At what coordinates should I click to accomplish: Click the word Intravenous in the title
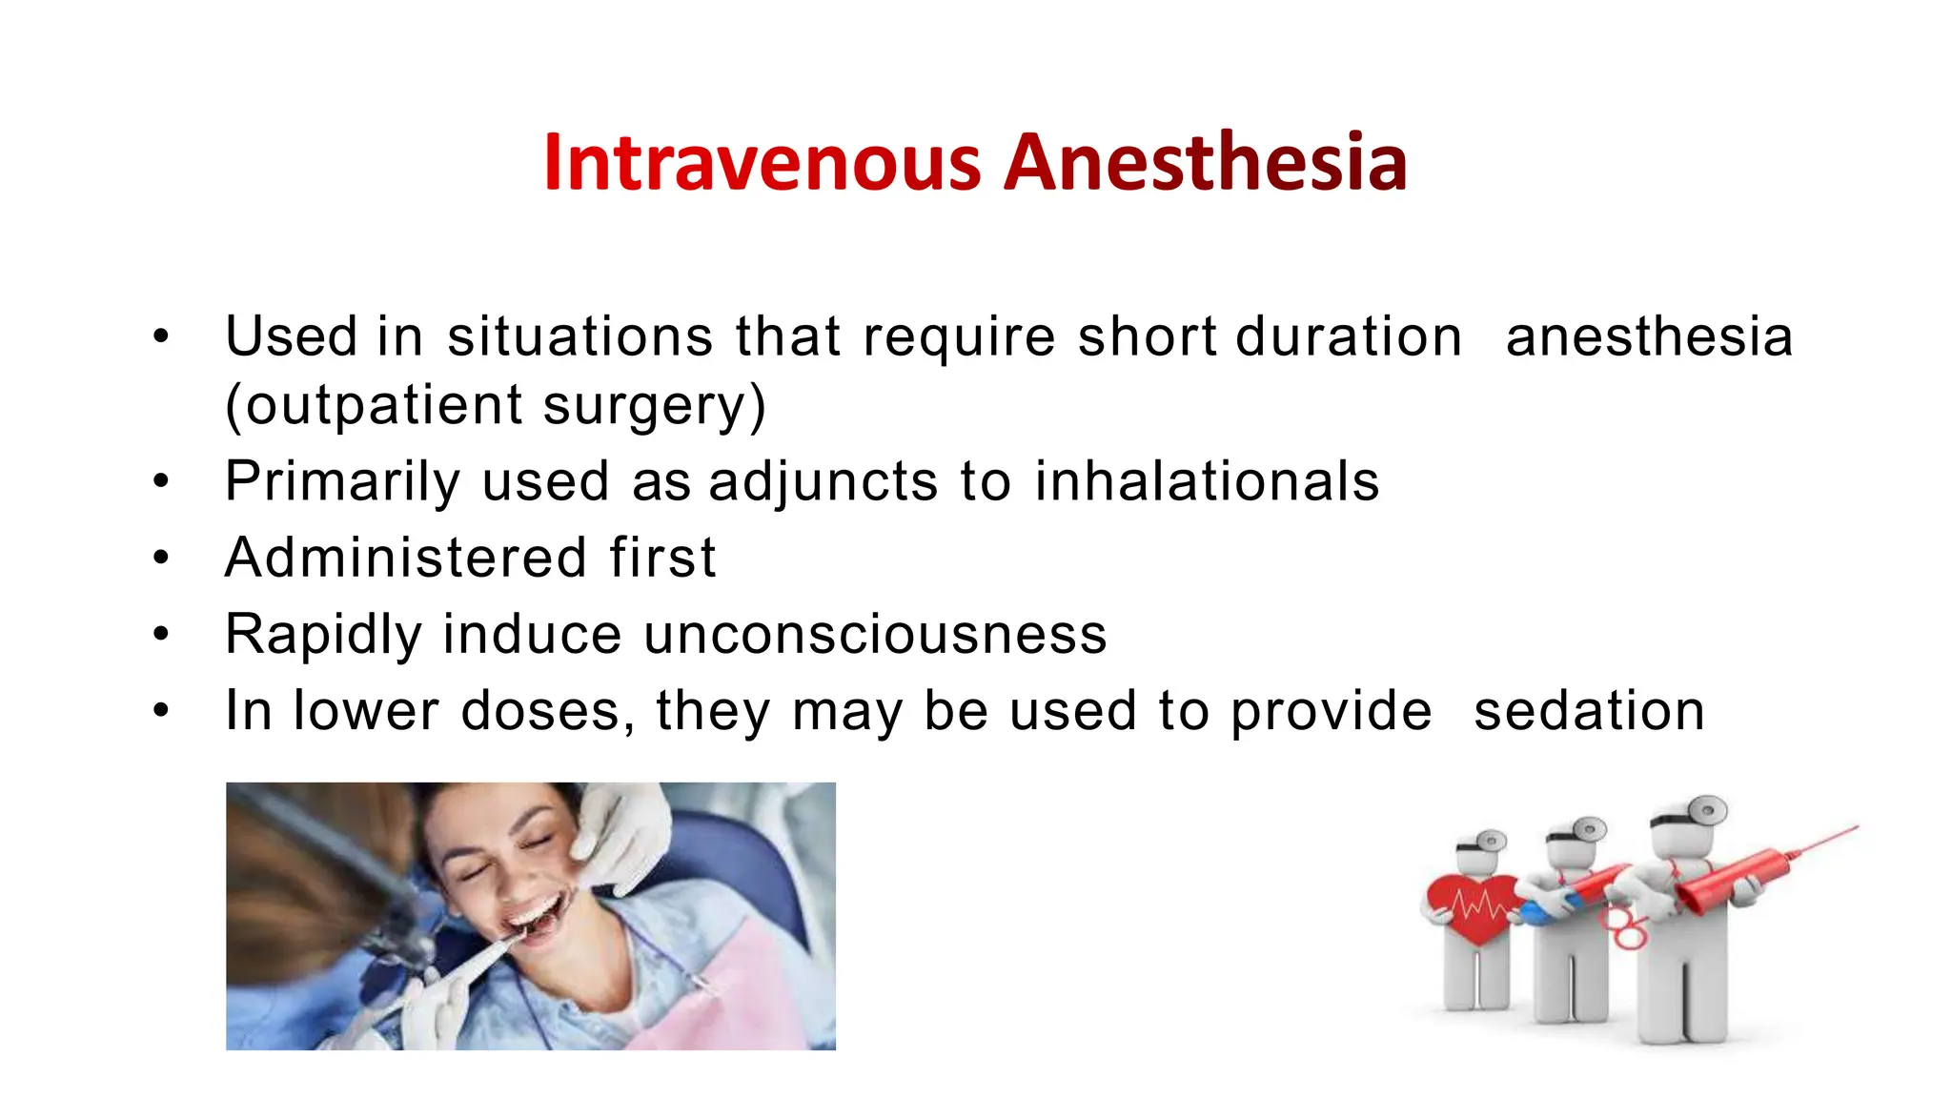click(x=762, y=163)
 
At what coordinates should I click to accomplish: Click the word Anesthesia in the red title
click(x=1205, y=163)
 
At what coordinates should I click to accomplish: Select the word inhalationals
click(x=1207, y=480)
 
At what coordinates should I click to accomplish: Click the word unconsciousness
click(x=875, y=634)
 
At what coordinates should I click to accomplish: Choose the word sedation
click(x=1589, y=711)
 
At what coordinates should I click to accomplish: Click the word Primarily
click(x=342, y=482)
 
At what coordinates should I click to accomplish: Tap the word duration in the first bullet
click(x=1348, y=336)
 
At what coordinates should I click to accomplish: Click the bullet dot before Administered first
click(x=161, y=558)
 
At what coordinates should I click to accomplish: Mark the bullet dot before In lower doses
click(x=161, y=711)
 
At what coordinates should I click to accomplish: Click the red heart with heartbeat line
click(x=1474, y=905)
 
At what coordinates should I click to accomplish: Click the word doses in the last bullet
click(x=540, y=711)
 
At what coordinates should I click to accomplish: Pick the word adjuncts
click(x=823, y=482)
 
